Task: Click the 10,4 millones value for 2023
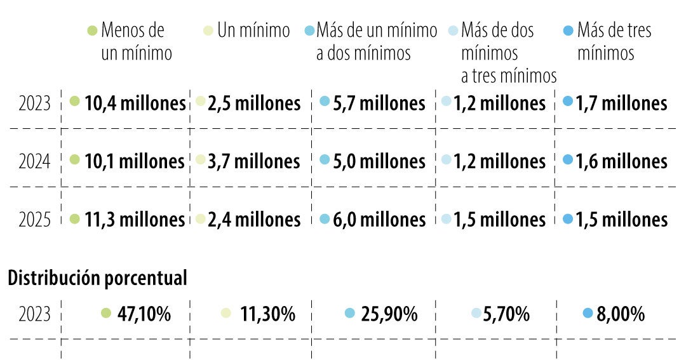(x=135, y=103)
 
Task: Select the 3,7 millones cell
(x=253, y=161)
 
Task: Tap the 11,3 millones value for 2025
(x=135, y=220)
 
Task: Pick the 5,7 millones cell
(x=379, y=103)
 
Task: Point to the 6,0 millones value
(x=379, y=220)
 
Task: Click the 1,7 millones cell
(x=621, y=103)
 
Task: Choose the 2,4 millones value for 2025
(x=254, y=220)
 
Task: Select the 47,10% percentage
(x=144, y=314)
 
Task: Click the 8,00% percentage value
(x=621, y=314)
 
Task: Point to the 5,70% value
(x=506, y=314)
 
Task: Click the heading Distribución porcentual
(x=97, y=278)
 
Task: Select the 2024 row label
(x=34, y=161)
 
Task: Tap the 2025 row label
(x=34, y=220)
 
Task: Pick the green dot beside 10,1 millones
(x=74, y=160)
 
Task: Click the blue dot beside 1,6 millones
(x=568, y=160)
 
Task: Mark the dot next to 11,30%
(x=225, y=312)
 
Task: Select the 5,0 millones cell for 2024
(x=379, y=161)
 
